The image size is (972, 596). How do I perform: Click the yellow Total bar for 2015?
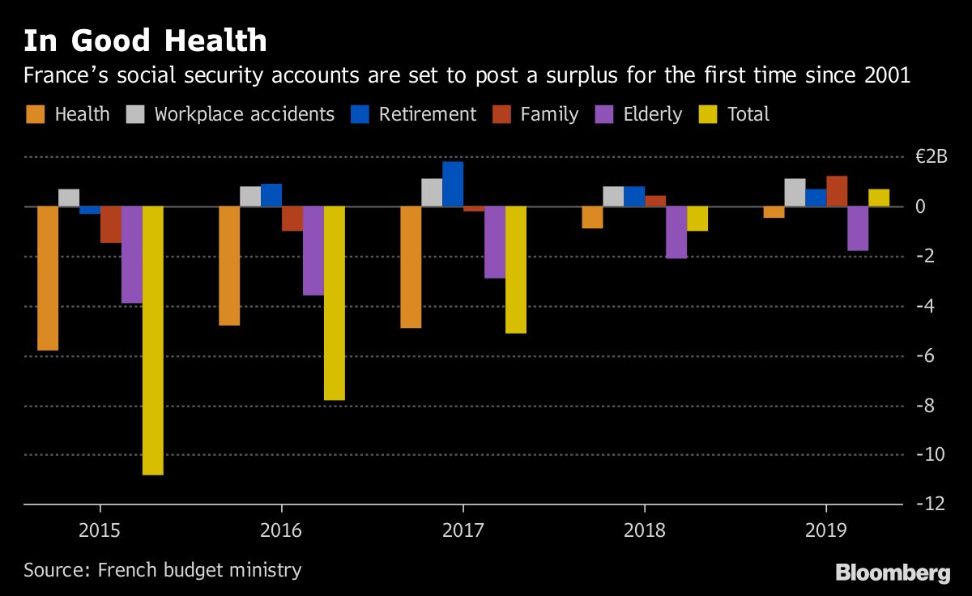pyautogui.click(x=152, y=340)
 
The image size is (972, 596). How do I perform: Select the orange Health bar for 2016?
pyautogui.click(x=229, y=266)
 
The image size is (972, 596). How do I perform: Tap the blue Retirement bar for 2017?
pyautogui.click(x=453, y=184)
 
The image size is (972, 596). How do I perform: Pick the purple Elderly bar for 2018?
pyautogui.click(x=676, y=232)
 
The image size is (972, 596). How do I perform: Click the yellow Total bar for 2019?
pyautogui.click(x=879, y=198)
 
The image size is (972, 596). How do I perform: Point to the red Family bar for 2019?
pyautogui.click(x=837, y=191)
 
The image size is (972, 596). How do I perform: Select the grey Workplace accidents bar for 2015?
pyautogui.click(x=69, y=198)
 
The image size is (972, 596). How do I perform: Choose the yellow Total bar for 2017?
pyautogui.click(x=515, y=270)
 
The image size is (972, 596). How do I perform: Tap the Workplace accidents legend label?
pyautogui.click(x=244, y=114)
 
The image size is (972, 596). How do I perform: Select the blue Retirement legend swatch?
pyautogui.click(x=360, y=114)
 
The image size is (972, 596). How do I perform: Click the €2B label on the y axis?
pyautogui.click(x=931, y=157)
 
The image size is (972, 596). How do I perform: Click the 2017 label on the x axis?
pyautogui.click(x=463, y=531)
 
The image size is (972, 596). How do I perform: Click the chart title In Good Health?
pyautogui.click(x=145, y=40)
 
